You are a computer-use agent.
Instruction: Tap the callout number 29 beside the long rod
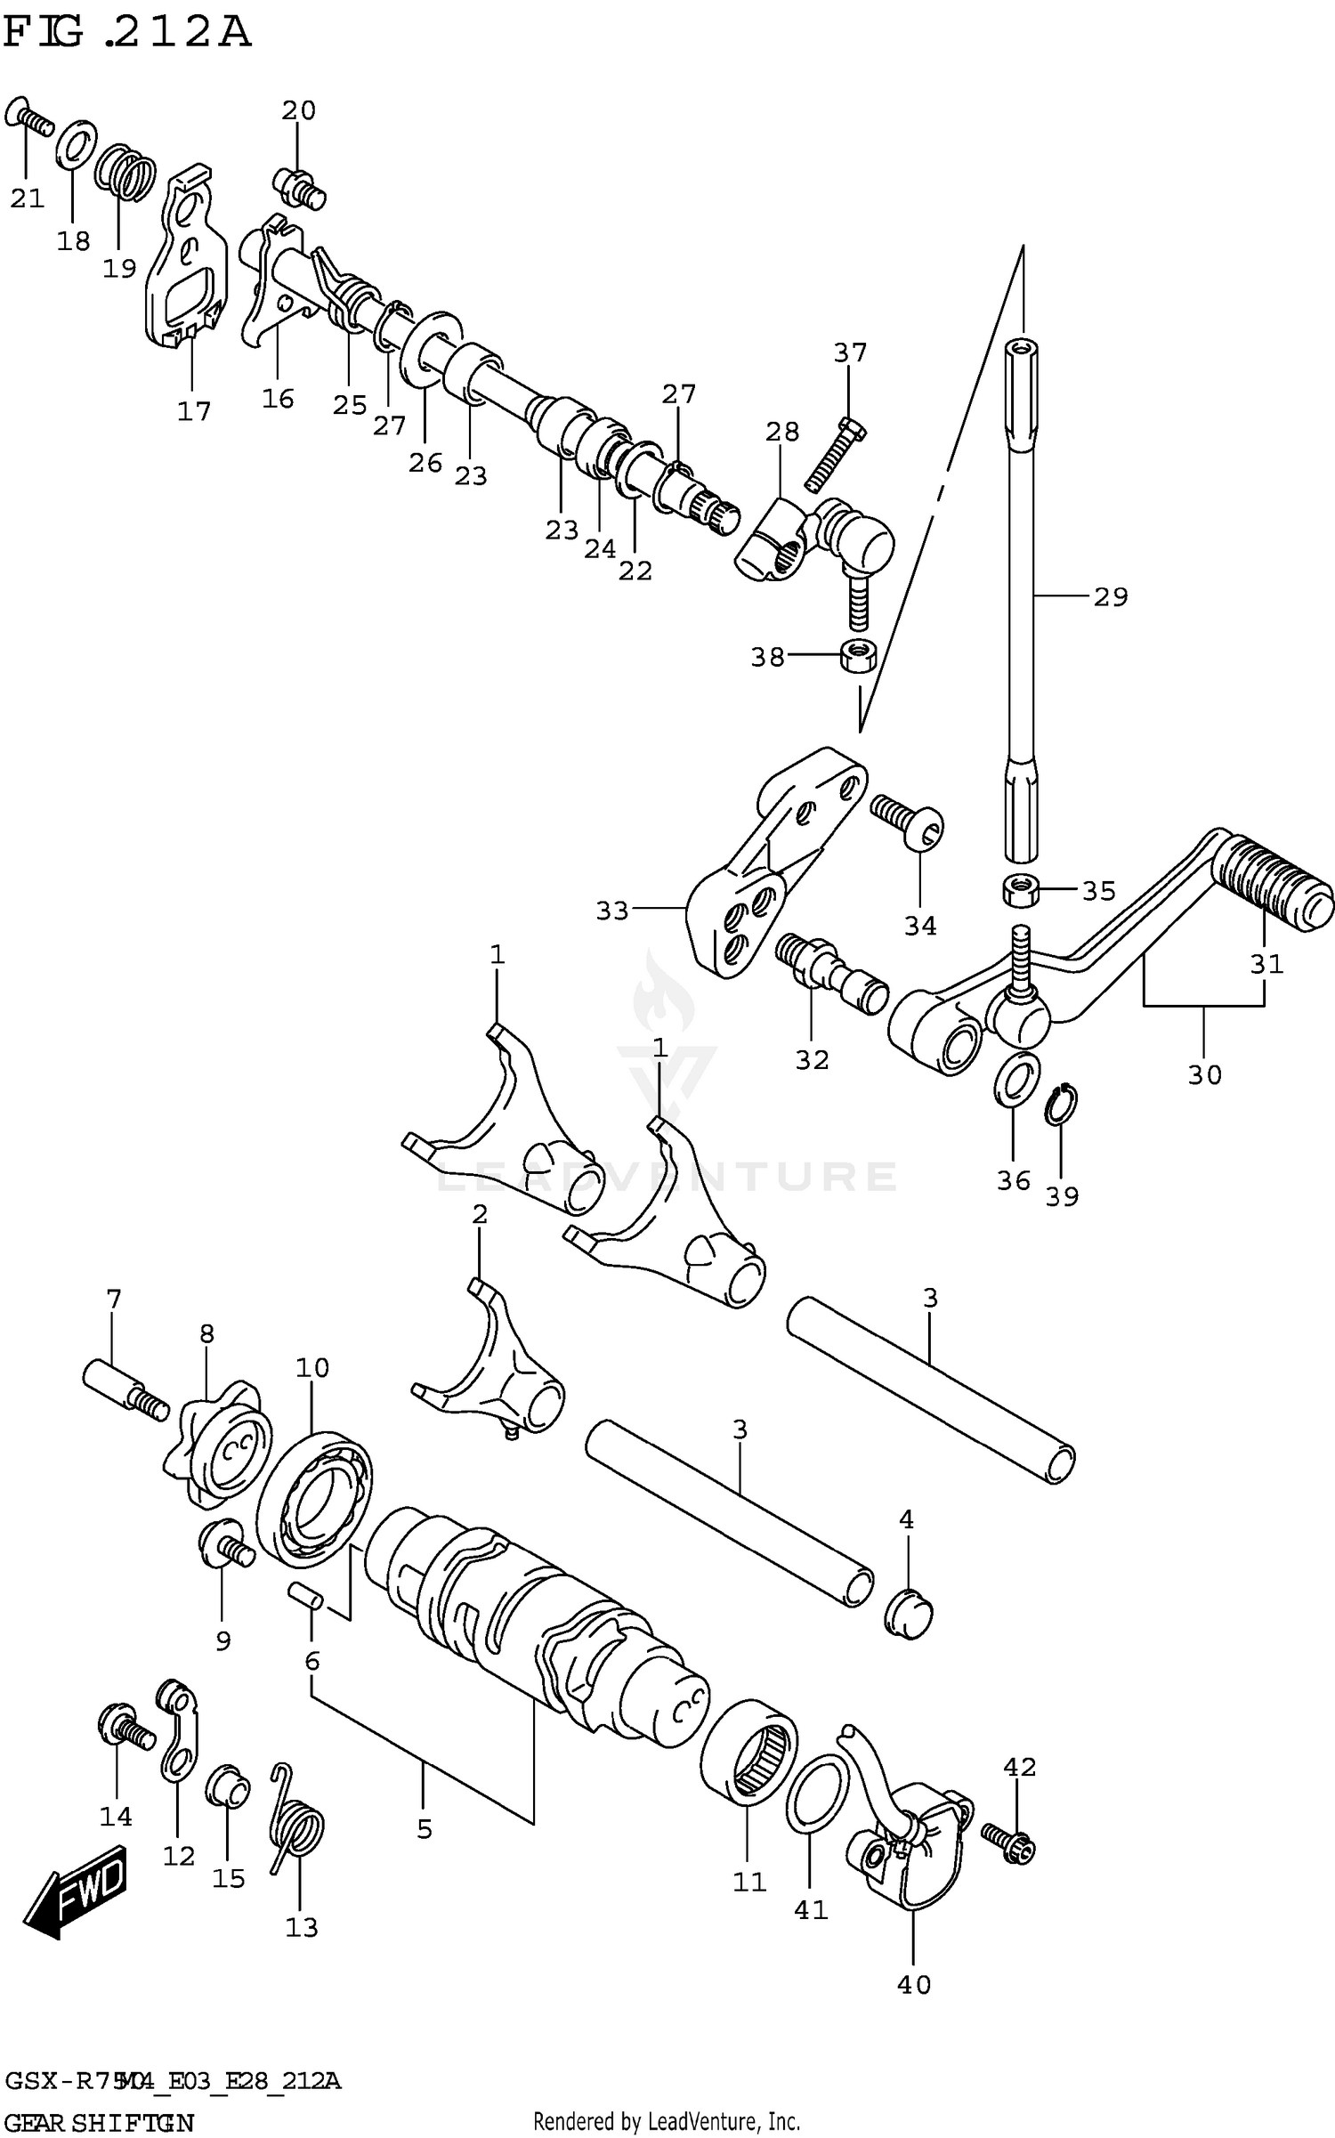[1110, 596]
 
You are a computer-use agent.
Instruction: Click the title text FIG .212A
[127, 34]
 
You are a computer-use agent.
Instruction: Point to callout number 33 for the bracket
[612, 911]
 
